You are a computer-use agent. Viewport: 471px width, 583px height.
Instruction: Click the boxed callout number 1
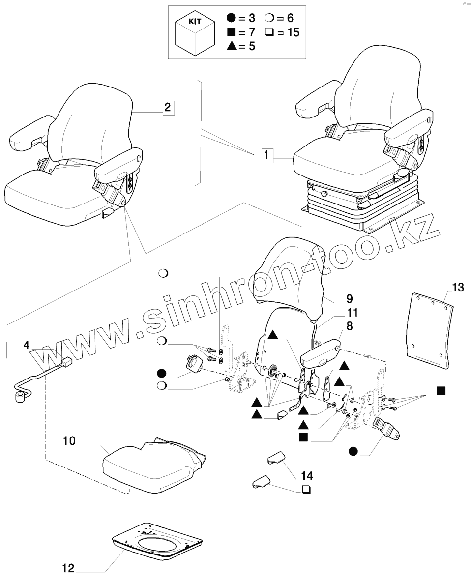[x=265, y=157]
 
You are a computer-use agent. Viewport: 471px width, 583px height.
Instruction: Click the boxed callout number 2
[x=167, y=107]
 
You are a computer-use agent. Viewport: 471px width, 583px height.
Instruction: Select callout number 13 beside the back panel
[x=457, y=288]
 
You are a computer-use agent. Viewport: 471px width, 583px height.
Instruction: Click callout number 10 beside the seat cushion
[x=69, y=441]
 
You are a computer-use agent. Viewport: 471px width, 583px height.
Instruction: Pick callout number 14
[x=307, y=475]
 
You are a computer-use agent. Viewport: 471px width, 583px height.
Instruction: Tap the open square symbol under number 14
[x=306, y=489]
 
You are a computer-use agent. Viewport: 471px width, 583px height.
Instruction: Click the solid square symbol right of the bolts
[x=441, y=391]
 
